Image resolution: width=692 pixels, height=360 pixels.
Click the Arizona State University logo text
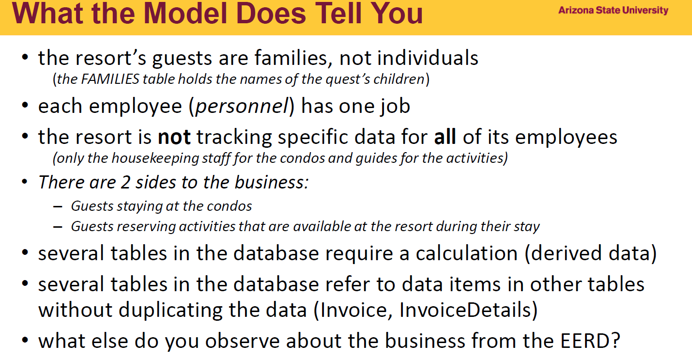(613, 10)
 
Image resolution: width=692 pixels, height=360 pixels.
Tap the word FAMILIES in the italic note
(110, 79)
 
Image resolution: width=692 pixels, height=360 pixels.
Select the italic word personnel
(242, 106)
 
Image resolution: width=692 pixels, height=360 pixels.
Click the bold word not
(174, 137)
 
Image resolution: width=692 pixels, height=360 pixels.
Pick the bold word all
(445, 137)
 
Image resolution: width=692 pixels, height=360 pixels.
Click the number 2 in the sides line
(125, 182)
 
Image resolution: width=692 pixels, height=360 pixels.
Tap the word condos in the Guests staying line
(229, 206)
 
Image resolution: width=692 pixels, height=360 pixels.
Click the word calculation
(466, 253)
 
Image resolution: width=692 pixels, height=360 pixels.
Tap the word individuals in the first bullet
(428, 58)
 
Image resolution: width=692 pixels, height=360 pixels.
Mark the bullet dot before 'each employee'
(25, 105)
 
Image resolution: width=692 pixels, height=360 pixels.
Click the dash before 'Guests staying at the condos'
(58, 206)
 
